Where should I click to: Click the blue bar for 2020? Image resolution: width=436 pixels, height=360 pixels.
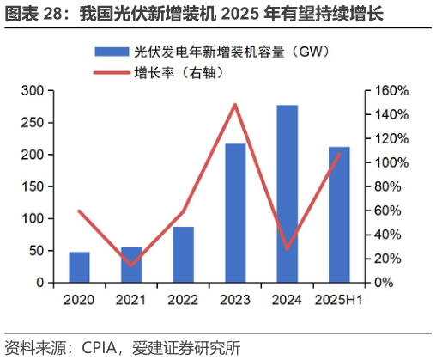[79, 267]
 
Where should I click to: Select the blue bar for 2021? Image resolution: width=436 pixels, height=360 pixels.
[131, 265]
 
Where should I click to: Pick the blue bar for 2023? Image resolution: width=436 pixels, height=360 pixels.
[235, 213]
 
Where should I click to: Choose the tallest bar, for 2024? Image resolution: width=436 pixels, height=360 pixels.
[287, 194]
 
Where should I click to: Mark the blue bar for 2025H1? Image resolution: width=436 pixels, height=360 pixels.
[339, 215]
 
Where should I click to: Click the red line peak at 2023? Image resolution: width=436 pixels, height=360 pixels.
[235, 105]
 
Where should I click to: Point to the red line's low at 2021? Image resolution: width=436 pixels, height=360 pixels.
[131, 265]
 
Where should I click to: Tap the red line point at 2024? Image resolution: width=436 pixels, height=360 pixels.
[287, 248]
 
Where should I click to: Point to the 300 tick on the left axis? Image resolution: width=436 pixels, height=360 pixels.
[33, 90]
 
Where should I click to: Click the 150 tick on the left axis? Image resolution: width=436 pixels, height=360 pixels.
[33, 186]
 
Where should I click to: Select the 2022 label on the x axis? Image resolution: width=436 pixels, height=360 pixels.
[183, 300]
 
